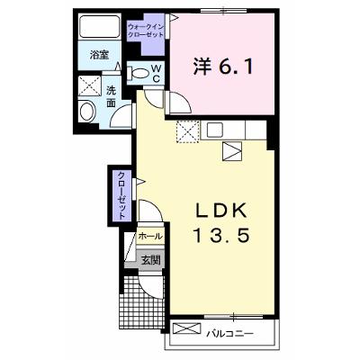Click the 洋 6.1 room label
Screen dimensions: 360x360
tap(223, 67)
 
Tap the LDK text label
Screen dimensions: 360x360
tap(221, 211)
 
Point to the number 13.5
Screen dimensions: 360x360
tap(221, 235)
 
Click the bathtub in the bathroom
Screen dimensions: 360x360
tap(100, 26)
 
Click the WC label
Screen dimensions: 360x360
tap(157, 73)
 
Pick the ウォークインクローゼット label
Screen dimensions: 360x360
tap(146, 31)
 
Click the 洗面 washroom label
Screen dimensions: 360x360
tap(112, 96)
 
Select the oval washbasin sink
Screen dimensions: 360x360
tap(86, 112)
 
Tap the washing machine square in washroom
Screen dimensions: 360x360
tap(89, 86)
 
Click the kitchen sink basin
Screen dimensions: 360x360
tap(215, 130)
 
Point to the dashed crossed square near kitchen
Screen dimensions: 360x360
tap(188, 131)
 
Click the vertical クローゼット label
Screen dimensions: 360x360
tap(121, 195)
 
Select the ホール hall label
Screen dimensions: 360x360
tap(150, 237)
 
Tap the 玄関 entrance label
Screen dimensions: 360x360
tap(150, 260)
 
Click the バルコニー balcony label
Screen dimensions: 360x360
tap(230, 333)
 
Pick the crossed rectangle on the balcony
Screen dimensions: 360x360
tap(186, 328)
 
